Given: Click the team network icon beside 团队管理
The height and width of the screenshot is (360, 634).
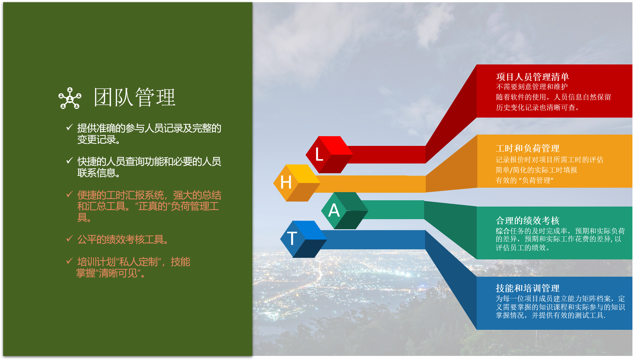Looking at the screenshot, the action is [x=70, y=98].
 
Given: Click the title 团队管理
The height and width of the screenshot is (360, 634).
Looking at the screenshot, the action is [x=135, y=97].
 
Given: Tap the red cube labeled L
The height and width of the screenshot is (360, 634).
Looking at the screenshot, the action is [x=329, y=154].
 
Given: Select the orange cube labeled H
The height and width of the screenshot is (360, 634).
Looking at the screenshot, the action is [x=297, y=183].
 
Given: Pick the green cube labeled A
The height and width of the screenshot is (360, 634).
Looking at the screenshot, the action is [x=344, y=210].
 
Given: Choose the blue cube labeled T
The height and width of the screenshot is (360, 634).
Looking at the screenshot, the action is [x=303, y=239].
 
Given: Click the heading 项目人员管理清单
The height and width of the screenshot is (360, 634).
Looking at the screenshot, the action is [x=532, y=77].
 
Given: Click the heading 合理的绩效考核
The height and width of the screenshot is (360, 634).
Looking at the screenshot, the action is [x=528, y=220].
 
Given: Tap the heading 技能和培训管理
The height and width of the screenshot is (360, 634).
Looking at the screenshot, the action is [x=528, y=288].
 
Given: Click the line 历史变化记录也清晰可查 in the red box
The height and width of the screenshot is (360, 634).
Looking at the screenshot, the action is [x=537, y=108].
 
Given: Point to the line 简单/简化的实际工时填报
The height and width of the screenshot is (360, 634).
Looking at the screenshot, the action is [x=536, y=170].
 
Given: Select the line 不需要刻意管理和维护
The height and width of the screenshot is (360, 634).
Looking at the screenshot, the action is [x=532, y=87].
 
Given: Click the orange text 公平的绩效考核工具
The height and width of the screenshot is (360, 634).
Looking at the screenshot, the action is [x=123, y=240].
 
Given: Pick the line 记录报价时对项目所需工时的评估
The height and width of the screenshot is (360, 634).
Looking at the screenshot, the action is [x=549, y=160].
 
